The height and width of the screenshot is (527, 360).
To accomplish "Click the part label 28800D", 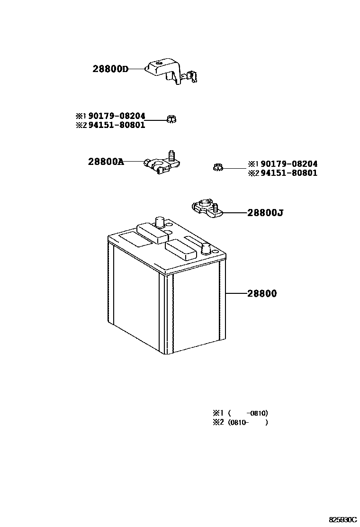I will point(110,69).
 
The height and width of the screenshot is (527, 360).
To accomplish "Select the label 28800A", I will point(106,162).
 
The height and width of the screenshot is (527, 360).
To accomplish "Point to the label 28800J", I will point(265,213).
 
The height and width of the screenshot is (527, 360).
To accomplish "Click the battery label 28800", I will point(261,294).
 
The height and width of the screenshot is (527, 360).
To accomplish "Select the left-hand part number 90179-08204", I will point(117,116).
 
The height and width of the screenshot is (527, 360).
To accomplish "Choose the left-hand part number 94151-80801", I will point(117,125).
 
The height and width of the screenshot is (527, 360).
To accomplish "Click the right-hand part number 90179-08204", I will point(289,164).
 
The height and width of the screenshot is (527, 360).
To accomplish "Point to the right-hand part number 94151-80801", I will point(289,173).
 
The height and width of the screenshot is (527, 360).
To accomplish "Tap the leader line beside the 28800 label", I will point(235,294).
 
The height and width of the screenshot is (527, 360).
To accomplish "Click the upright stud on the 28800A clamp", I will point(171,155).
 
